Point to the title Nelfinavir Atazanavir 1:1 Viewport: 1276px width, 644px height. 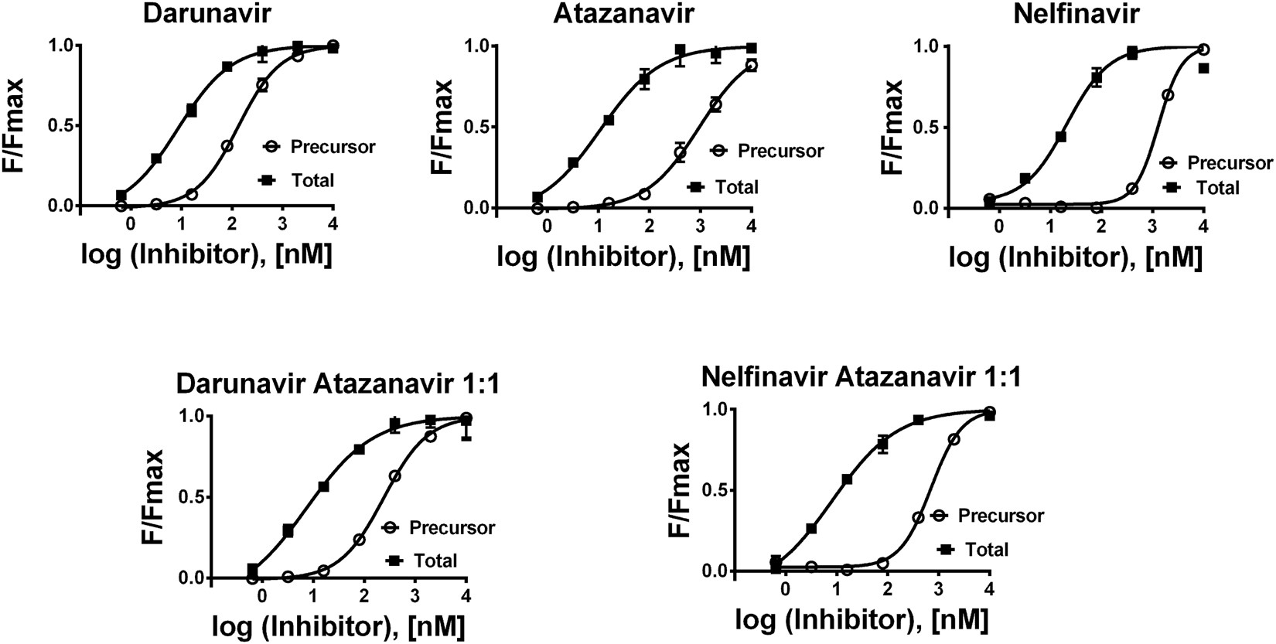point(862,377)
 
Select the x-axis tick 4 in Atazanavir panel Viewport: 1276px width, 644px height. point(751,226)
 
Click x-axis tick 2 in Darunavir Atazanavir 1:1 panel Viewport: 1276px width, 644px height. point(363,596)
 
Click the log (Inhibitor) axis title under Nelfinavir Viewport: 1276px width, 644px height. point(1076,257)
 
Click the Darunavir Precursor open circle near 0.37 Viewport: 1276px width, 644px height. point(227,146)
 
